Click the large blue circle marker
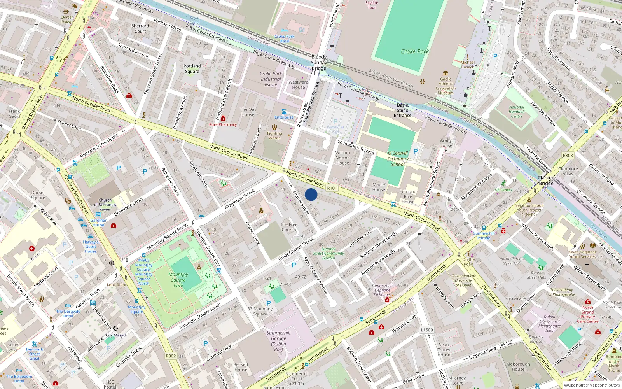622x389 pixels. click(x=311, y=194)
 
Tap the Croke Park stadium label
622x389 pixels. click(x=415, y=51)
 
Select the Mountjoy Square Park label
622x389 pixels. click(x=178, y=280)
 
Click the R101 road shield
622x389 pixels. click(x=332, y=188)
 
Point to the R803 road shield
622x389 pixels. click(x=568, y=155)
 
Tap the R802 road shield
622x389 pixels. click(x=171, y=356)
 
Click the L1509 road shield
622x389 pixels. click(x=426, y=330)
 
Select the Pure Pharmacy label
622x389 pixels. click(x=223, y=124)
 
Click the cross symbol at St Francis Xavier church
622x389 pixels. click(x=105, y=193)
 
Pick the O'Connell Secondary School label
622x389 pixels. click(x=398, y=159)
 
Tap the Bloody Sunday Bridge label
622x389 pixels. click(x=319, y=63)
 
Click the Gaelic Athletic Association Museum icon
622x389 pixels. click(x=446, y=73)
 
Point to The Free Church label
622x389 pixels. click(x=289, y=227)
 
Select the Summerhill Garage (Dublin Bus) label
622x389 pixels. click(x=278, y=341)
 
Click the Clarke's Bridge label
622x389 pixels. click(x=546, y=180)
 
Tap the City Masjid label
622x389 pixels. click(x=116, y=335)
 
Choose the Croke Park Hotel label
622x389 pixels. click(x=284, y=39)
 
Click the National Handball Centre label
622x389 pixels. click(x=517, y=112)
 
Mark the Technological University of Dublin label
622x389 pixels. click(x=463, y=280)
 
